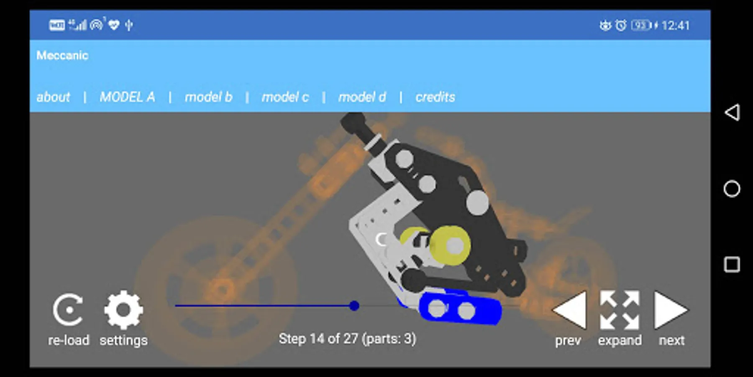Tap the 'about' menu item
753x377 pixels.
[x=53, y=97]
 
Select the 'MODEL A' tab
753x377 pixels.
[x=127, y=97]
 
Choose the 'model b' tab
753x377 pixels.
[x=208, y=97]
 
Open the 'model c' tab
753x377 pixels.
[x=285, y=97]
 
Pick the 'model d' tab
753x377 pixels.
[x=362, y=97]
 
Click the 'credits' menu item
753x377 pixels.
[x=435, y=97]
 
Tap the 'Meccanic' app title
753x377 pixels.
[x=62, y=55]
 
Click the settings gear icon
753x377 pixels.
[x=123, y=310]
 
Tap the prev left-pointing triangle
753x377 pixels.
[x=569, y=310]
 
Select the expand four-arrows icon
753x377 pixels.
[x=620, y=310]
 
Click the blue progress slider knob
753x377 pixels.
[x=354, y=306]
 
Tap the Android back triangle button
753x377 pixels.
[x=732, y=112]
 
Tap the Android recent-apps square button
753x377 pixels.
[x=732, y=265]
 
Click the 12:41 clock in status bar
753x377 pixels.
[x=676, y=26]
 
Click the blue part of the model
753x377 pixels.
[x=460, y=309]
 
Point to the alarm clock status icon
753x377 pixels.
[x=621, y=26]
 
